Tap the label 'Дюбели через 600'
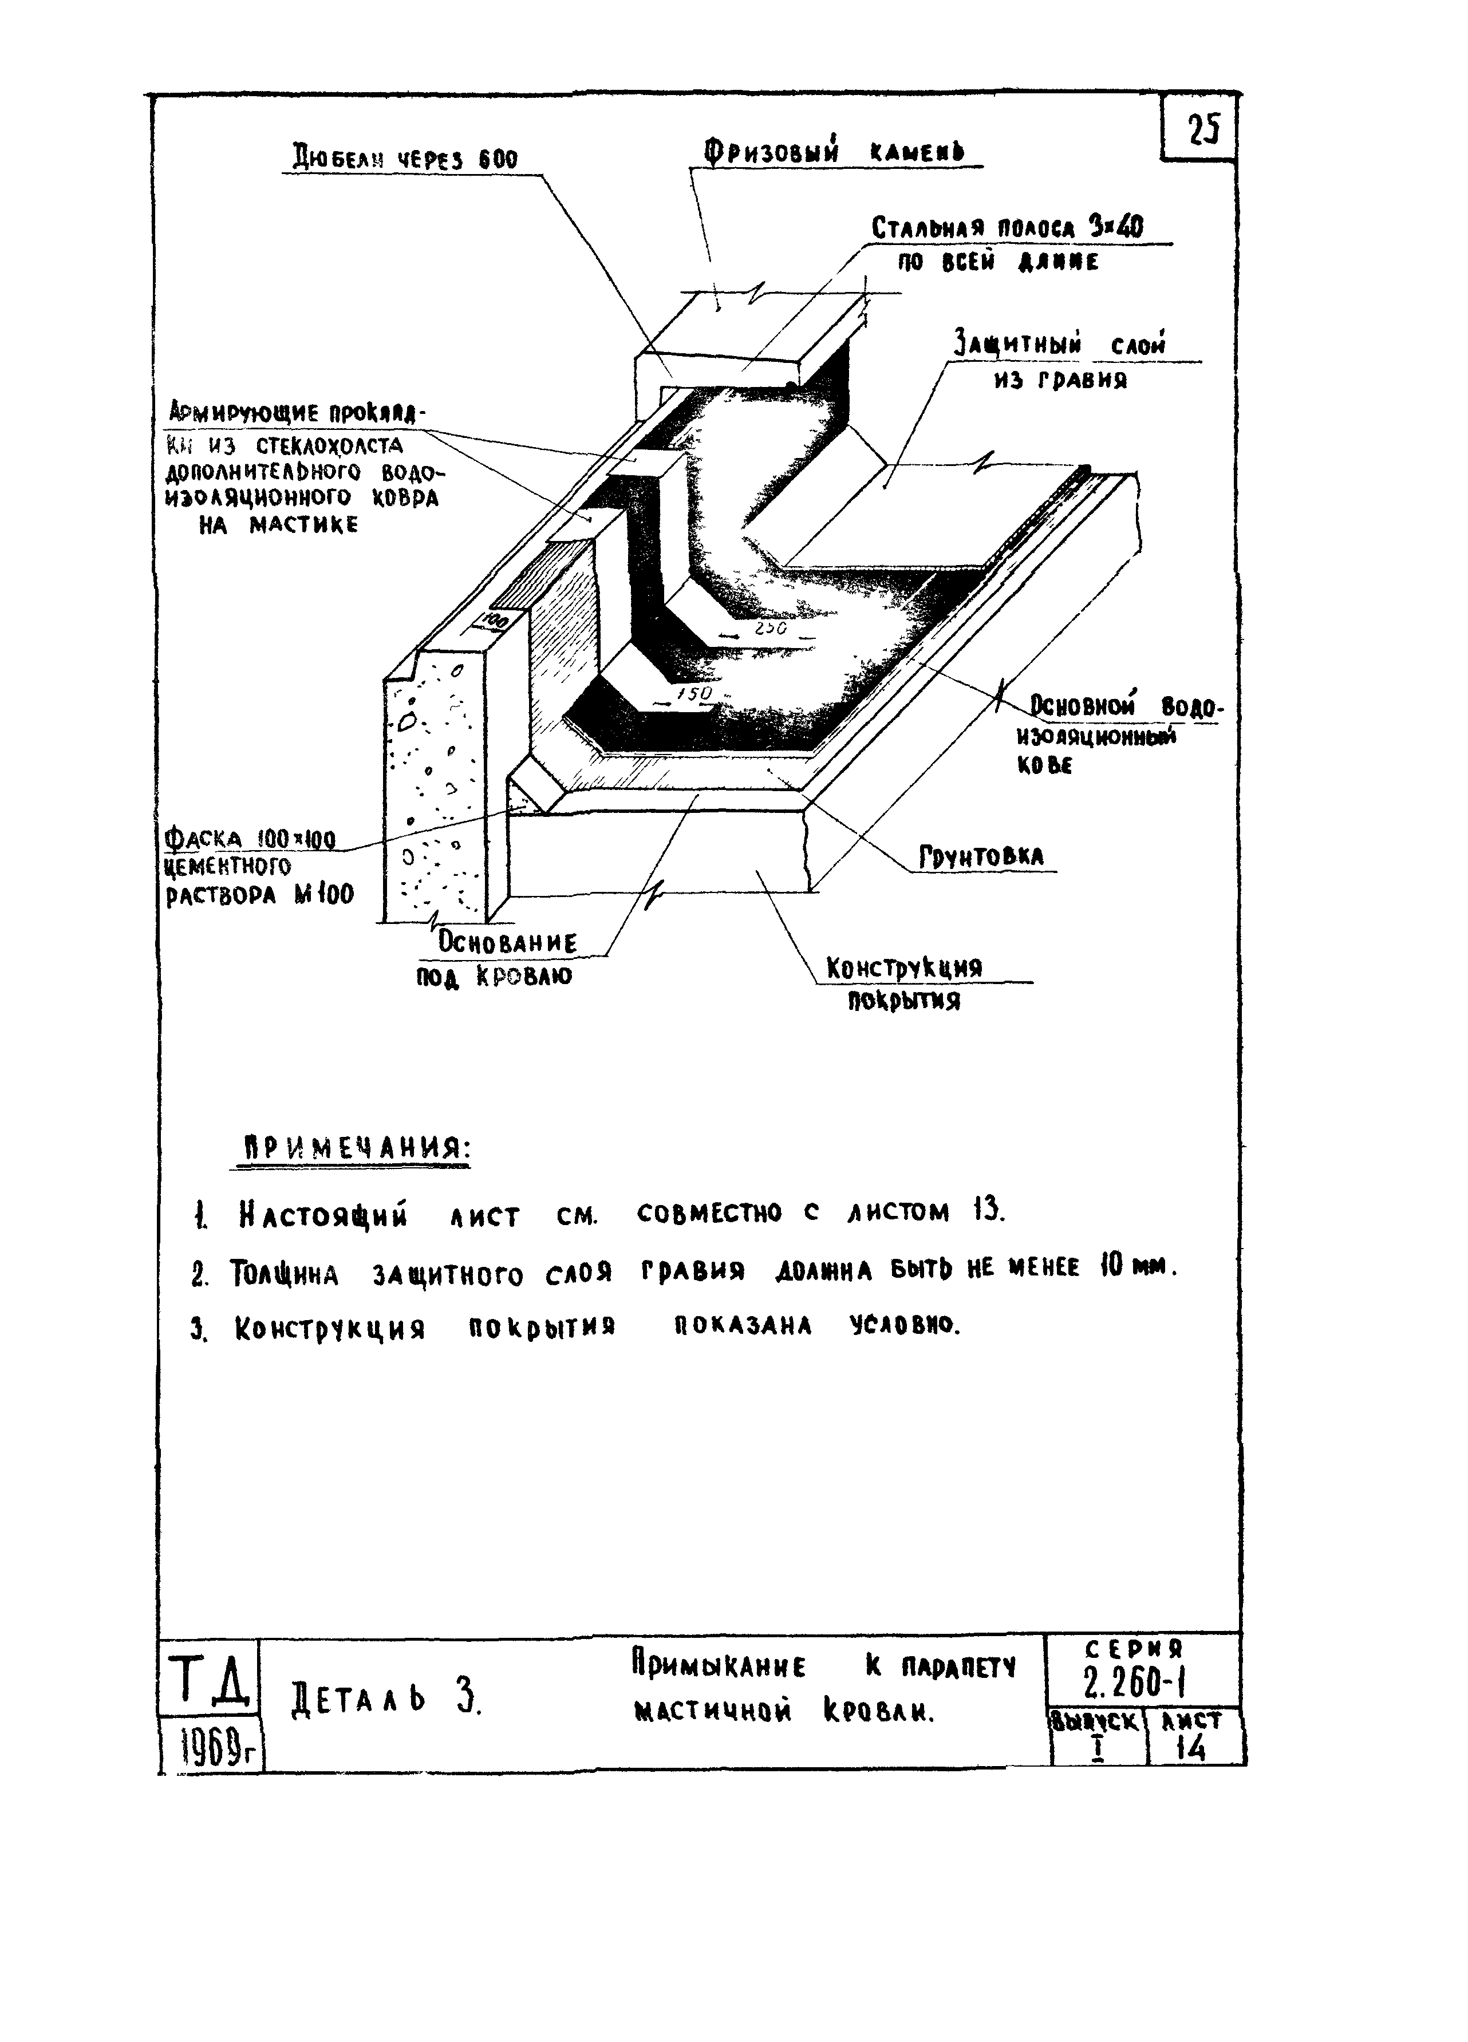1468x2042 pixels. click(404, 159)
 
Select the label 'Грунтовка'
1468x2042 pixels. click(981, 857)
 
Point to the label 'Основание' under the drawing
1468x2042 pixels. click(507, 943)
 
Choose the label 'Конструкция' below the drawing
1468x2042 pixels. click(904, 969)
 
